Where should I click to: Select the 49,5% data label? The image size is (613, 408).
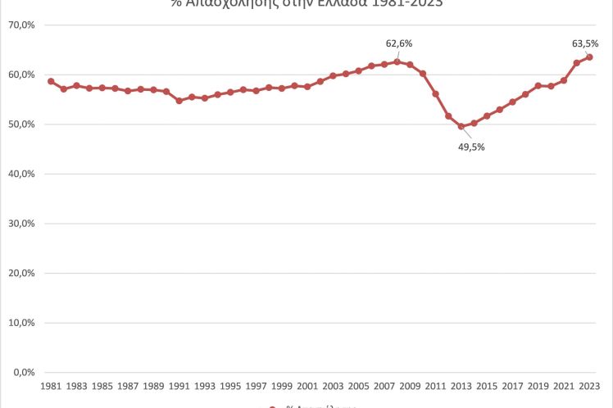472,147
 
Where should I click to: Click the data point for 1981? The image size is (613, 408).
51,81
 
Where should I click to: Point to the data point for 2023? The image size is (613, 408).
589,57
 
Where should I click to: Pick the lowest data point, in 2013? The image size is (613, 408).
461,126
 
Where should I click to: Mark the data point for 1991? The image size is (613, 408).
179,101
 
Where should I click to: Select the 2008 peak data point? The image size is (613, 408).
397,61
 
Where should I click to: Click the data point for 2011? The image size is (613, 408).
435,94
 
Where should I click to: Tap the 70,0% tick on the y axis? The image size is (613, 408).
21,25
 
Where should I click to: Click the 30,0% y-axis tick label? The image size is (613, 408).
21,224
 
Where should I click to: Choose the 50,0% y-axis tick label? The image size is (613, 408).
21,125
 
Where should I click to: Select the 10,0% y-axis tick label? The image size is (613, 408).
21,323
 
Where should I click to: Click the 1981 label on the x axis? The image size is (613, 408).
51,385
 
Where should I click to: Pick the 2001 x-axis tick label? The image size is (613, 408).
307,385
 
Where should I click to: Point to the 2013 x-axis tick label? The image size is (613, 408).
461,385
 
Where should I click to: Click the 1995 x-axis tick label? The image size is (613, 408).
230,385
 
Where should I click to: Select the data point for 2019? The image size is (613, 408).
538,85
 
